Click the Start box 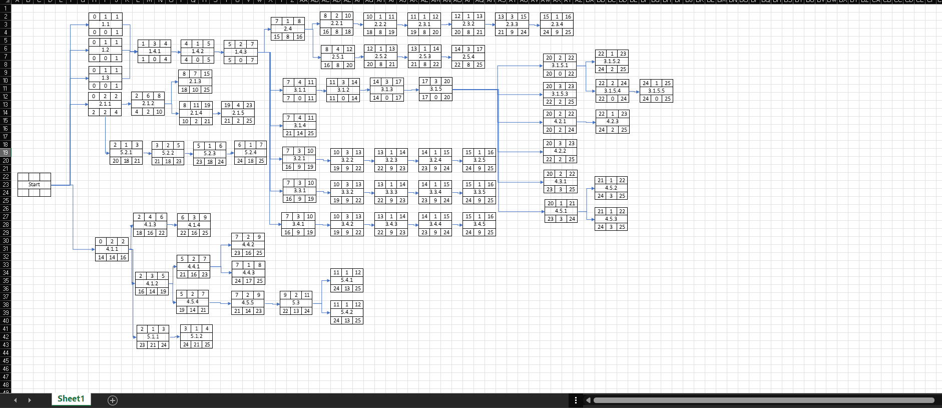(34, 184)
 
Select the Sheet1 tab (71, 398)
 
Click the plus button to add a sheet (113, 400)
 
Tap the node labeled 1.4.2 (197, 52)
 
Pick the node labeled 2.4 (288, 29)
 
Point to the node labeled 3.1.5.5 (656, 91)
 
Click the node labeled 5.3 (296, 303)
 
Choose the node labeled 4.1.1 (112, 249)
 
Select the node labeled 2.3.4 (557, 24)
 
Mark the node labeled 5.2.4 (250, 153)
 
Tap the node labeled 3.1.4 (299, 125)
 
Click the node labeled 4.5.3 (611, 219)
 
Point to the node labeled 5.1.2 (196, 336)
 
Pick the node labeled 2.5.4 (468, 57)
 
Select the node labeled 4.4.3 (248, 273)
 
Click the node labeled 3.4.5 (479, 224)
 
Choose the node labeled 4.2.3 (612, 122)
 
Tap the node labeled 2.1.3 (195, 82)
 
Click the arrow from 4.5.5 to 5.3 (272, 304)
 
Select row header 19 (6, 153)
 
